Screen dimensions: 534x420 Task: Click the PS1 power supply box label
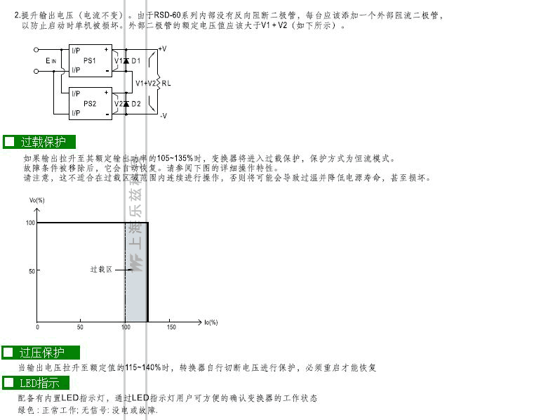[90, 60]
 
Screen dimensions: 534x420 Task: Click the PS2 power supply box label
[90, 104]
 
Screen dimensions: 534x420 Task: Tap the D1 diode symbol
[126, 61]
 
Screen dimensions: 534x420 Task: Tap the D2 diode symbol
[126, 104]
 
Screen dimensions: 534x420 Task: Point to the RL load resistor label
[166, 83]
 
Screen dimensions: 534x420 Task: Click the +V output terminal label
[163, 48]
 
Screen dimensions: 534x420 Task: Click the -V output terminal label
[163, 116]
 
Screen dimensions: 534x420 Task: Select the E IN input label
[51, 61]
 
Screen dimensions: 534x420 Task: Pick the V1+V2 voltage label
[145, 83]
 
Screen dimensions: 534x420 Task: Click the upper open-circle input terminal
[36, 50]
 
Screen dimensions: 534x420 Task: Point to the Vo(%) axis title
[36, 200]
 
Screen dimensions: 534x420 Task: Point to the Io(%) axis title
[211, 322]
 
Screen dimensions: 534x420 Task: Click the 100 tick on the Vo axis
[30, 223]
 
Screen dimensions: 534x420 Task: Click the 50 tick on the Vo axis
[32, 271]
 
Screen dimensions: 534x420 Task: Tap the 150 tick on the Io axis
[171, 327]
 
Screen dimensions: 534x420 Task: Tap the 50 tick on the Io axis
[80, 327]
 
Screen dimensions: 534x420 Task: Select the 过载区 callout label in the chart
[101, 269]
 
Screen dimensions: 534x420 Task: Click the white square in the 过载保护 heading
[10, 141]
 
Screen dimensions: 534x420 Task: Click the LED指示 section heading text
[39, 383]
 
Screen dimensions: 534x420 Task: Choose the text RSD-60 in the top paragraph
[167, 15]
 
